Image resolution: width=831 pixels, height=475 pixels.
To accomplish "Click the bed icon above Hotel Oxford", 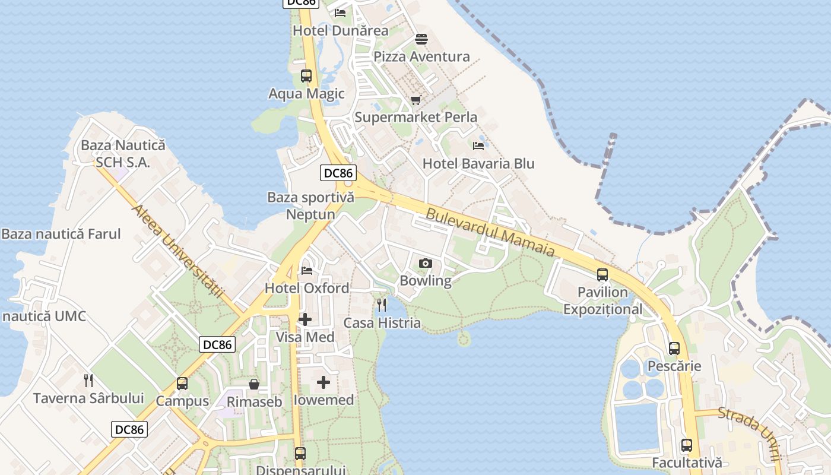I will (x=307, y=271).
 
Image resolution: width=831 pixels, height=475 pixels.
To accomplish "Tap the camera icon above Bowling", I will (x=426, y=263).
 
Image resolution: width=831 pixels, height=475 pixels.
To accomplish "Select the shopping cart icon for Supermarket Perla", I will (x=415, y=100).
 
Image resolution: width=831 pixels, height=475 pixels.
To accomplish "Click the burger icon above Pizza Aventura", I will (x=421, y=39).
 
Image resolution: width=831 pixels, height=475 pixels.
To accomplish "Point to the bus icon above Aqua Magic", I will (x=306, y=76).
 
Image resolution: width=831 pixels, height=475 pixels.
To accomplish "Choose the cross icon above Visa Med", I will (x=305, y=319).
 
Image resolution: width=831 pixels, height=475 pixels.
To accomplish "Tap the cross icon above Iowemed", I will (x=323, y=382).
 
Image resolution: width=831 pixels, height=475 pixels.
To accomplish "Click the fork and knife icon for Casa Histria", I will (x=382, y=305).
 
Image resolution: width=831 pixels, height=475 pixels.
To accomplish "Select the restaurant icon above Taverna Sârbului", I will (x=88, y=381).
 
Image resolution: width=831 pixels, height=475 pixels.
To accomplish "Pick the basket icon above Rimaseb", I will (x=254, y=384).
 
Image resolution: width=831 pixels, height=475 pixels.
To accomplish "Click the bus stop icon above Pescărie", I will (x=674, y=349).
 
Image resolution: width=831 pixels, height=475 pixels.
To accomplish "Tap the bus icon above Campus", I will (x=182, y=384).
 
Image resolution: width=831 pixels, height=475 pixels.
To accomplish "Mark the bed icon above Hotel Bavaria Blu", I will (x=478, y=145).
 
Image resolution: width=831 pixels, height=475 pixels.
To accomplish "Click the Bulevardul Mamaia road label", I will (x=491, y=232).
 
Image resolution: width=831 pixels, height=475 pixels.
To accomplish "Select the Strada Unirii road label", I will (x=749, y=433).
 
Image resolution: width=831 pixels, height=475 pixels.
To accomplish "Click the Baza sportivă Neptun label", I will (x=310, y=205).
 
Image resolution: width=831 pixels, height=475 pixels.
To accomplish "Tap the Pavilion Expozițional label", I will (x=602, y=300).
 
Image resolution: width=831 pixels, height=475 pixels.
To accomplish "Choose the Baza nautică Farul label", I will (x=61, y=234).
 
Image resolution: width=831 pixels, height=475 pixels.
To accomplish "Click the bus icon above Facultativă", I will (x=687, y=445).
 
